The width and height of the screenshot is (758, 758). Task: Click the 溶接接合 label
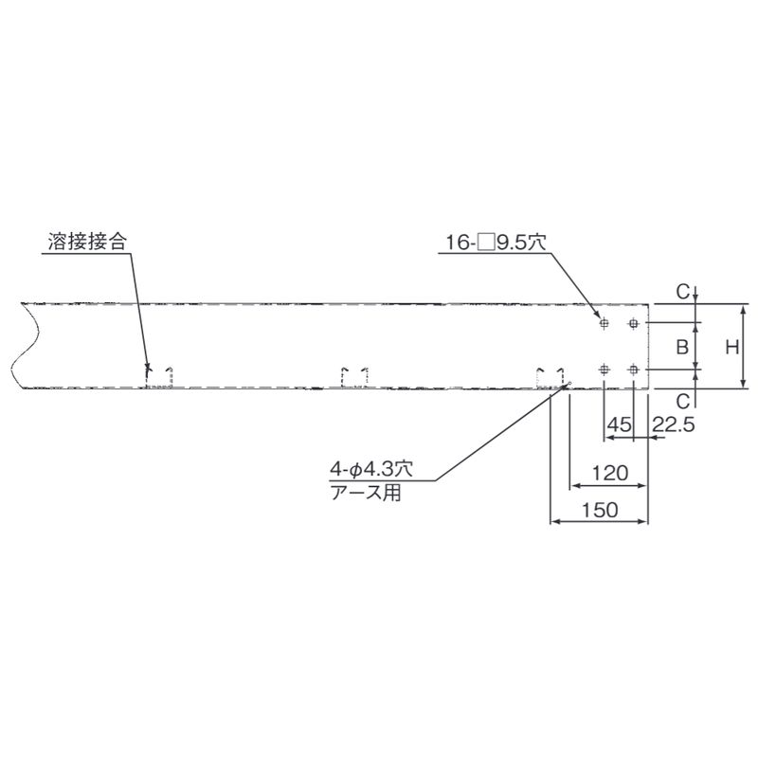(87, 242)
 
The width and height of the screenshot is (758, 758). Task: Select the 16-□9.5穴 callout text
(496, 243)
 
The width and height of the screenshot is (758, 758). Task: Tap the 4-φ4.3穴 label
(371, 468)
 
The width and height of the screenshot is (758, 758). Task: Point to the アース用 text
(366, 493)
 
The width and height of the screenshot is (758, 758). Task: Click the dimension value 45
(620, 424)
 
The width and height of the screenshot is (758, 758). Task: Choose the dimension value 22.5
(674, 424)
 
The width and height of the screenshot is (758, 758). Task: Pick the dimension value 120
(610, 472)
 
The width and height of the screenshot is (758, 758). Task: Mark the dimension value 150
(600, 510)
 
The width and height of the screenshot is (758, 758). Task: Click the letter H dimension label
(732, 347)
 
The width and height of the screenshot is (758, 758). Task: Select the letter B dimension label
(682, 347)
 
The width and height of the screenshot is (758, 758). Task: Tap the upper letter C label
(682, 292)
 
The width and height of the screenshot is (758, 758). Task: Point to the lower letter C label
(682, 401)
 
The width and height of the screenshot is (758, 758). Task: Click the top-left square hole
(604, 323)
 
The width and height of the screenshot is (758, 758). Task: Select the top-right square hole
(633, 323)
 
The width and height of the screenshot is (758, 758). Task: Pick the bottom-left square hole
(604, 370)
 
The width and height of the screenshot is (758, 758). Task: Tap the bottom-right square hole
(633, 370)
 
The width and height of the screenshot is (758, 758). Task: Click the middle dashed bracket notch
(354, 377)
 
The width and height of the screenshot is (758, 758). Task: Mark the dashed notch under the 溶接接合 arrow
(159, 377)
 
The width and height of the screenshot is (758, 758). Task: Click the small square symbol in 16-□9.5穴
(486, 243)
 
